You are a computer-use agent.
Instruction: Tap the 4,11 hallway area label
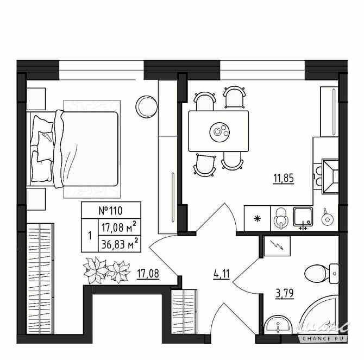click(222, 273)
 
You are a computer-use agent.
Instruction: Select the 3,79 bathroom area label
click(284, 295)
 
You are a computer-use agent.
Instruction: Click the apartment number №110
click(111, 210)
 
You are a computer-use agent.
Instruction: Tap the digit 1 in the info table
click(89, 235)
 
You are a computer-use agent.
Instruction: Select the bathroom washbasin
click(279, 327)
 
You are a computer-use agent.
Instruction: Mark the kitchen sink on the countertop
click(302, 216)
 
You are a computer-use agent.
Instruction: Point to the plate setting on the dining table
click(219, 130)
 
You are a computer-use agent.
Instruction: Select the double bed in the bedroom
click(76, 148)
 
